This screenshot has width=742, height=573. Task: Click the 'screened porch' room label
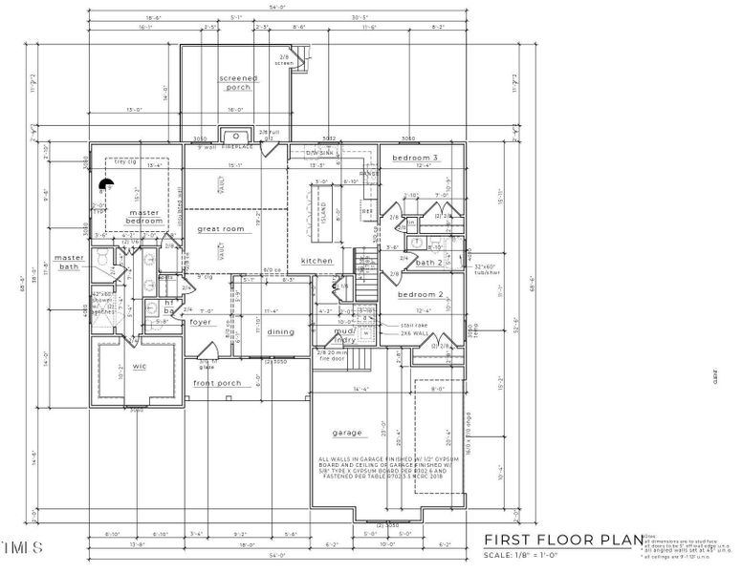coord(234,83)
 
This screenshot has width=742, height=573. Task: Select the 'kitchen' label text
coord(316,261)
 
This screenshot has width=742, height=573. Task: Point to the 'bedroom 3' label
coord(416,157)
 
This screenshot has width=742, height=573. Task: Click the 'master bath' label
coord(69,262)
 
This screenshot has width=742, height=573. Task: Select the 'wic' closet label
coord(139,366)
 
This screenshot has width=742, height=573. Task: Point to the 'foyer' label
coord(200,322)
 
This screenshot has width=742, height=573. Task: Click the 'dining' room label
coord(280,331)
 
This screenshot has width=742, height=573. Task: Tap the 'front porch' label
coord(217,383)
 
